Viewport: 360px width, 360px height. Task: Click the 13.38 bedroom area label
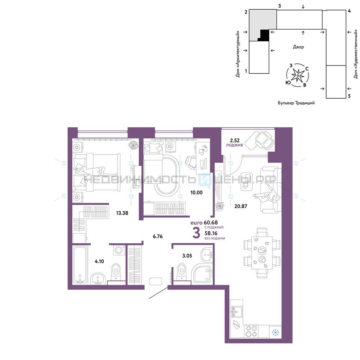pyautogui.click(x=122, y=213)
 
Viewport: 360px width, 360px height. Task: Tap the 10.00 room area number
pyautogui.click(x=197, y=193)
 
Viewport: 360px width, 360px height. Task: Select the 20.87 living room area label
pyautogui.click(x=240, y=206)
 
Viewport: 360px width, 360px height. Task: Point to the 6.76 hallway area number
pyautogui.click(x=158, y=236)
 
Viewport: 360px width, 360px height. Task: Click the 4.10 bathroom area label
pyautogui.click(x=99, y=261)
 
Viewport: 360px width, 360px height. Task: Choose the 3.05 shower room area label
pyautogui.click(x=187, y=256)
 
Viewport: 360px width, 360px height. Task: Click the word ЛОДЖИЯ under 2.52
pyautogui.click(x=234, y=145)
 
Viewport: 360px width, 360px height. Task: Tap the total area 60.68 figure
pyautogui.click(x=211, y=222)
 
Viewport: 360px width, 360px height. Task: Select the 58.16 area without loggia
pyautogui.click(x=211, y=233)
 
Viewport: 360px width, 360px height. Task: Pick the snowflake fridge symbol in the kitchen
pyautogui.click(x=275, y=332)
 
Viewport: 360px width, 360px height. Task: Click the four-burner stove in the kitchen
pyautogui.click(x=251, y=331)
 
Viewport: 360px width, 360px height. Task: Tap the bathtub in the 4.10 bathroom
pyautogui.click(x=80, y=265)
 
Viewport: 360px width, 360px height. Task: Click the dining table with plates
pyautogui.click(x=262, y=253)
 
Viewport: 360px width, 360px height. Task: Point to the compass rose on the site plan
pyautogui.click(x=298, y=75)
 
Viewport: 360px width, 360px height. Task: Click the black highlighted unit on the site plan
pyautogui.click(x=264, y=35)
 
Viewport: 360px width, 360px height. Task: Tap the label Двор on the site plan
pyautogui.click(x=298, y=47)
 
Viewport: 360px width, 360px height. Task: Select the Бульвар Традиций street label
pyautogui.click(x=296, y=103)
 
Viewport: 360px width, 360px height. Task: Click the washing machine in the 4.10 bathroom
pyautogui.click(x=119, y=250)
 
